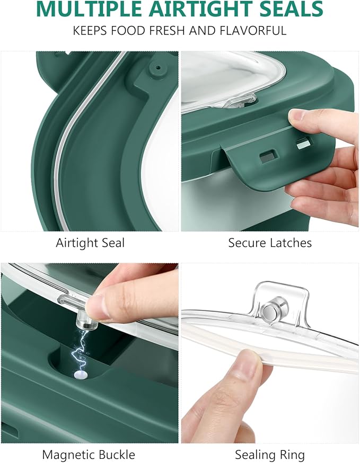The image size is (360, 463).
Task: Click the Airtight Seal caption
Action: point(90,243)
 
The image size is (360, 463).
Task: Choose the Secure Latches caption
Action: point(270,243)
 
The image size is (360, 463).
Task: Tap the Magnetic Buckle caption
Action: point(89,455)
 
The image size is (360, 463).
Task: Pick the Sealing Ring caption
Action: point(270,455)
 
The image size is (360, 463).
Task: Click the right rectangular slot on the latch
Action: point(302,144)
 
